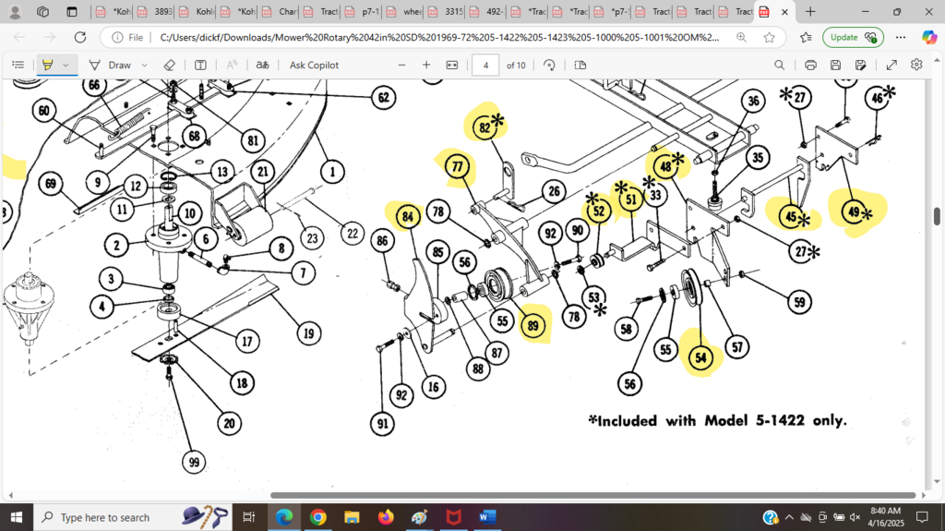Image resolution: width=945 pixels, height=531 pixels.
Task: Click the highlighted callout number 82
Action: click(x=484, y=127)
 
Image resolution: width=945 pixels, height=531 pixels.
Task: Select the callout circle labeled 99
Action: click(x=192, y=463)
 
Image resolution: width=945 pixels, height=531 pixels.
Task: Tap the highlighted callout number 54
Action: click(x=702, y=358)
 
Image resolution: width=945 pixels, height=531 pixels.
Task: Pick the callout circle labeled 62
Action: click(x=383, y=97)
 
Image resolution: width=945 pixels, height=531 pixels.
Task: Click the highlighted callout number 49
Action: click(x=853, y=212)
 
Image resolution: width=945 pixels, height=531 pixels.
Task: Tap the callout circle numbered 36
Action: click(x=753, y=102)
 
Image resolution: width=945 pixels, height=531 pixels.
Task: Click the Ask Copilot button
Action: click(x=314, y=66)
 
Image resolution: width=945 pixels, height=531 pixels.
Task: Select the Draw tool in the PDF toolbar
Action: click(x=111, y=66)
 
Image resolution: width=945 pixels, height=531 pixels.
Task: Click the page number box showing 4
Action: click(x=485, y=66)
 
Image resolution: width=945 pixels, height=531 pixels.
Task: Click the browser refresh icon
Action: click(x=80, y=37)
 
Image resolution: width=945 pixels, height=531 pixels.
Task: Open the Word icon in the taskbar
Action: click(x=487, y=517)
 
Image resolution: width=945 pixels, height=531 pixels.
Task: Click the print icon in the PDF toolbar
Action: click(x=810, y=66)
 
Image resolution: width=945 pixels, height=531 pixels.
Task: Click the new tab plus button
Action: click(x=810, y=12)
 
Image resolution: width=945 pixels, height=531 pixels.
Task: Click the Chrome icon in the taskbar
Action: click(x=317, y=517)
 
